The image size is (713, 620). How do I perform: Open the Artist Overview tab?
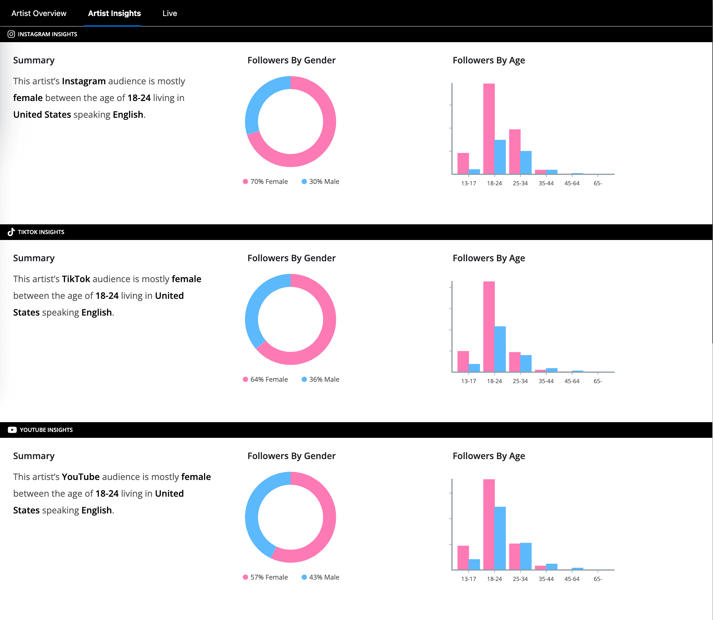39,13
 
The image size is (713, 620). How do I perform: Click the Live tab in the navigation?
170,13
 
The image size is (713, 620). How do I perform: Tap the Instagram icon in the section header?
11,34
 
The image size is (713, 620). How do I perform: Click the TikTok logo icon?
11,232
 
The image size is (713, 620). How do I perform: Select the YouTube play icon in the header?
12,430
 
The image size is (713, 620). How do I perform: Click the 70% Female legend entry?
265,181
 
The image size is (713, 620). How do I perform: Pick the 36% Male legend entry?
321,379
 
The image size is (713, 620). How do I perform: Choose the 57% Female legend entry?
265,577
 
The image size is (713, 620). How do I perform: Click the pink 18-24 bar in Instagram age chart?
489,129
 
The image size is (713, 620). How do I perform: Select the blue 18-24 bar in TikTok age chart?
500,349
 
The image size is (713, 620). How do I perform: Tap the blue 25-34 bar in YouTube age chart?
526,556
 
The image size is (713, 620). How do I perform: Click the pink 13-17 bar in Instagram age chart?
463,163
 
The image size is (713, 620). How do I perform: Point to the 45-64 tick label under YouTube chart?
572,579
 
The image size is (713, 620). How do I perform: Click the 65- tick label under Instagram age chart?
598,183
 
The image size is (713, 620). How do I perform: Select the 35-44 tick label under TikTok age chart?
546,381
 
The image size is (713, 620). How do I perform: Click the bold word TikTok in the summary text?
76,279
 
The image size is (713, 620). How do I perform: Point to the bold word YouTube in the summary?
81,477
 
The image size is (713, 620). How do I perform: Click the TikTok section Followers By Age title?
488,258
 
